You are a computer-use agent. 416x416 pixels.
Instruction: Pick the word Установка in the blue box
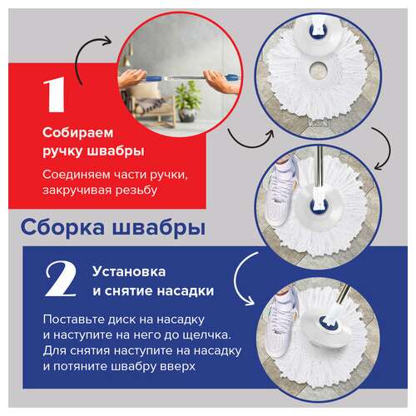click(x=124, y=271)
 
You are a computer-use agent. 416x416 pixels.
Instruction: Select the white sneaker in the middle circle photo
click(x=297, y=177)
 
